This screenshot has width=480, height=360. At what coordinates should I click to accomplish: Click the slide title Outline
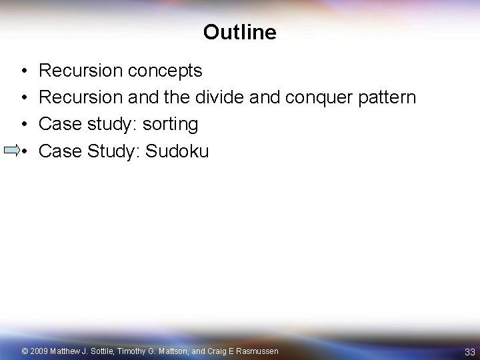click(239, 32)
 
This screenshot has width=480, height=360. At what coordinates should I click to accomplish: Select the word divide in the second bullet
click(219, 97)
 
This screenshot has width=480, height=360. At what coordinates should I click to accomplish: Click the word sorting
click(170, 125)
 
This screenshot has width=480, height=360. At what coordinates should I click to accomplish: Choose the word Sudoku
click(177, 151)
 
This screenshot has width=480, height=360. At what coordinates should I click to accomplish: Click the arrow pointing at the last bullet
click(11, 151)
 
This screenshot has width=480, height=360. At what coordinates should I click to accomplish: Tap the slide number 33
click(469, 351)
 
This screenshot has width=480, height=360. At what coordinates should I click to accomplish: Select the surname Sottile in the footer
click(100, 351)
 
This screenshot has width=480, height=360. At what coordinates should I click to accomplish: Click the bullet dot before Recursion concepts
click(23, 70)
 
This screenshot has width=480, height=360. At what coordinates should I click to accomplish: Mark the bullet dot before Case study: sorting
click(23, 125)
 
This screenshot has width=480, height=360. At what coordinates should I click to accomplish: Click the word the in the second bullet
click(177, 97)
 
